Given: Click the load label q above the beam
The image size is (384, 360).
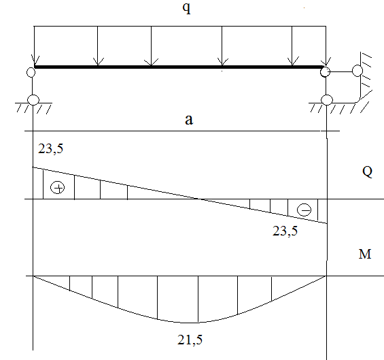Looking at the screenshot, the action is [x=187, y=8].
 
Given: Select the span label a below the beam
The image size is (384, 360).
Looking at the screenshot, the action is [x=189, y=120].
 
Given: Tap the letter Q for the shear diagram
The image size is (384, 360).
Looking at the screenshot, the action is [x=367, y=171].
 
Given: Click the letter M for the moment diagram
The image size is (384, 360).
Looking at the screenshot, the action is [x=365, y=254].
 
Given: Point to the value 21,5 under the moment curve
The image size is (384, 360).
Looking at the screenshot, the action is [x=190, y=340].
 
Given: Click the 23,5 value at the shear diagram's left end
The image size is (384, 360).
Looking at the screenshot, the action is [x=50, y=148].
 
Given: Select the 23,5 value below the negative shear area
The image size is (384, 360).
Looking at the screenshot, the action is [x=285, y=231].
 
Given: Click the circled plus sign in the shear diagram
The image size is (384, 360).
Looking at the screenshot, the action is [x=58, y=188].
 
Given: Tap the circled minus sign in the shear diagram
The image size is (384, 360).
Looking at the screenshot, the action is [x=304, y=210].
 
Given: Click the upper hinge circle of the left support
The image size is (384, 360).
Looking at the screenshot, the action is [x=31, y=72].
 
